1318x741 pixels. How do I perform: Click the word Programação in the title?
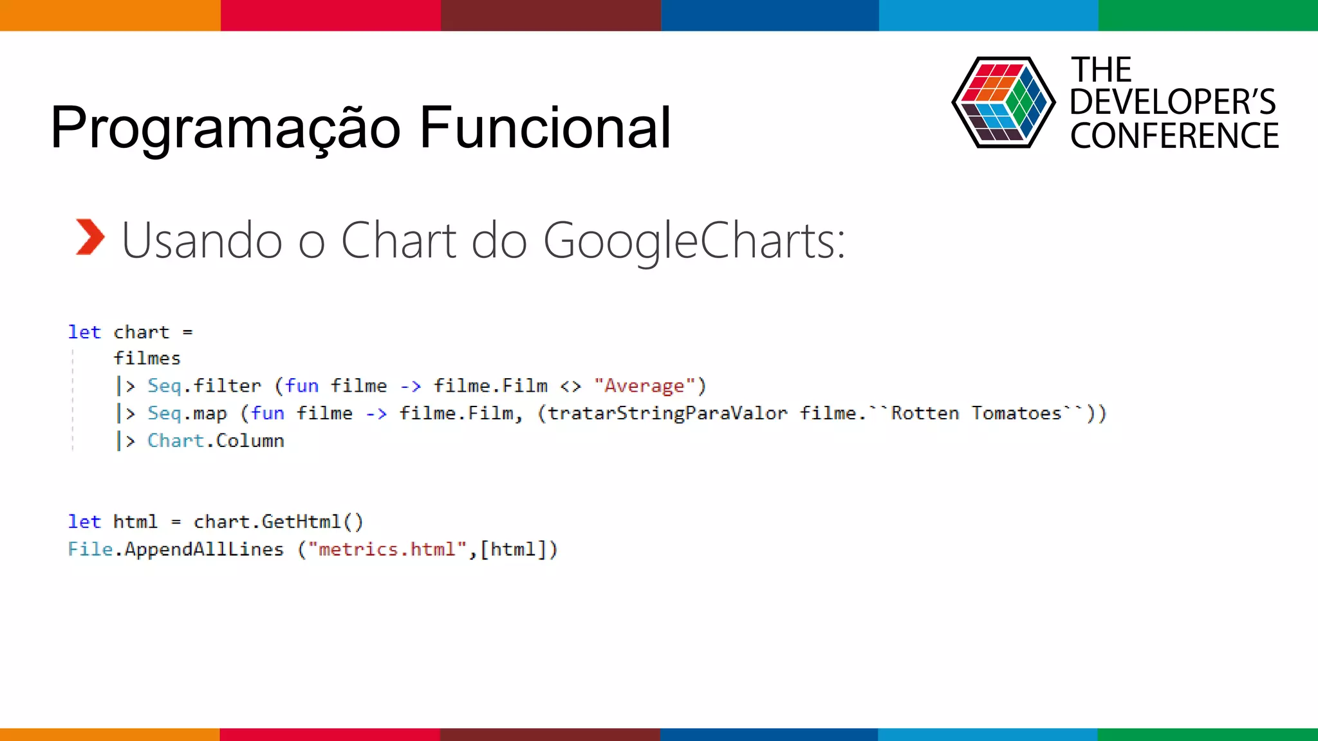(225, 129)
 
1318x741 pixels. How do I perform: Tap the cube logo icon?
(1003, 102)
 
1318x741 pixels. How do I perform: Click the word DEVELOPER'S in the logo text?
(1173, 102)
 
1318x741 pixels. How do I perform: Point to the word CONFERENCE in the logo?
(1174, 136)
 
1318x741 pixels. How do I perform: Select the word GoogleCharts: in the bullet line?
(694, 241)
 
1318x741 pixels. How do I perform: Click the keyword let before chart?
(84, 332)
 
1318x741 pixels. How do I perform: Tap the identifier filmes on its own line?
(147, 358)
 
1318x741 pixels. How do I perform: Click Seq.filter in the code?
(204, 386)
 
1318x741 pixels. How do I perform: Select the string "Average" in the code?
(644, 386)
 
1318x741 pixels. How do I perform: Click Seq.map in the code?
(187, 413)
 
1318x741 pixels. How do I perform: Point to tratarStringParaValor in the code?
(667, 413)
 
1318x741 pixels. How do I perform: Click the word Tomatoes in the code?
(1016, 413)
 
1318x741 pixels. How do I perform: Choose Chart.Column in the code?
(216, 441)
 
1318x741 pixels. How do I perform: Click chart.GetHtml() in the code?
(278, 522)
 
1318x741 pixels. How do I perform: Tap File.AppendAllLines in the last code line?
(175, 549)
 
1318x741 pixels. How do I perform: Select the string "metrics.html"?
(387, 549)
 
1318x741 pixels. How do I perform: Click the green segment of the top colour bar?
(1207, 15)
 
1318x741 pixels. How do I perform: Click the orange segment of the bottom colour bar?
(109, 734)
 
